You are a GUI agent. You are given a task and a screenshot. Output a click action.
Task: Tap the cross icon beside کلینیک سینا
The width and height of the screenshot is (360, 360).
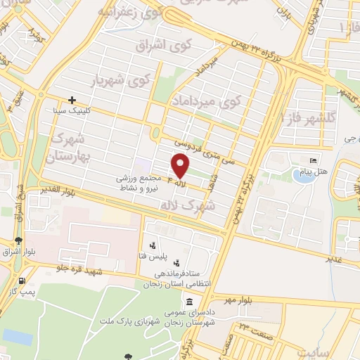pyautogui.click(x=72, y=101)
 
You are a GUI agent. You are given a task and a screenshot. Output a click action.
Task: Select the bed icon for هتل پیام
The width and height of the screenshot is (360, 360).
pyautogui.click(x=314, y=161)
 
